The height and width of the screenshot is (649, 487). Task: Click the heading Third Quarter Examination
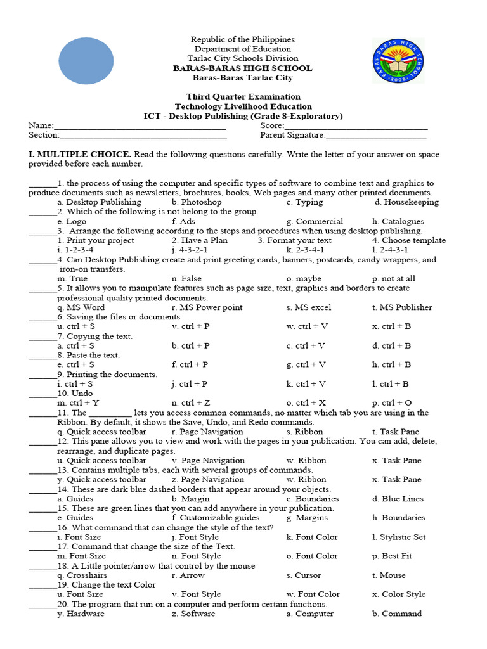pyautogui.click(x=243, y=97)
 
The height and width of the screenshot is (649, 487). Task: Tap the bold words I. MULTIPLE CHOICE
pyautogui.click(x=79, y=154)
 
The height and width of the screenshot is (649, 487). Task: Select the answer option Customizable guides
pyautogui.click(x=207, y=518)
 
